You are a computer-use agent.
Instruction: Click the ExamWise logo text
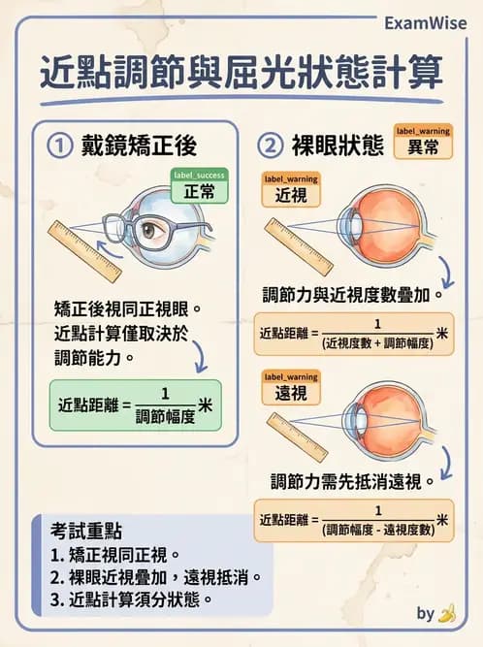[x=423, y=22]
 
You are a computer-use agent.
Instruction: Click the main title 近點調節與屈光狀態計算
[x=241, y=73]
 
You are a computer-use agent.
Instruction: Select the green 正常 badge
[x=199, y=191]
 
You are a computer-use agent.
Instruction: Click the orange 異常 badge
[x=423, y=146]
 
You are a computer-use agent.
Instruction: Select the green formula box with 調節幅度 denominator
[x=135, y=404]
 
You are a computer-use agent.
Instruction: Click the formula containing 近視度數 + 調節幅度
[x=353, y=335]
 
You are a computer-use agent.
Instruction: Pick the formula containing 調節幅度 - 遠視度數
[x=353, y=522]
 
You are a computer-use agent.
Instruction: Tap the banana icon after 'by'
[x=447, y=613]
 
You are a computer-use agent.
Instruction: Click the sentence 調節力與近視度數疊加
[x=353, y=293]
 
